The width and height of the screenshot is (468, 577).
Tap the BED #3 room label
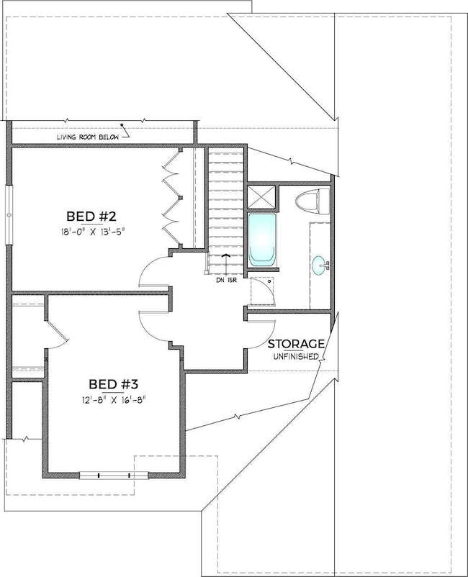[113, 383]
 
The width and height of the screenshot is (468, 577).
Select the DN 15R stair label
[226, 280]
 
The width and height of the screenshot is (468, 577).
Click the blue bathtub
[262, 240]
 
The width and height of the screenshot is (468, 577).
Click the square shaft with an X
[261, 196]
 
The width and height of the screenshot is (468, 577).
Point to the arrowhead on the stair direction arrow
[227, 255]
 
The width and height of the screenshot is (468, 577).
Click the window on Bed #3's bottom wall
[105, 474]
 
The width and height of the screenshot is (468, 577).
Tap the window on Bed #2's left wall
[9, 216]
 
